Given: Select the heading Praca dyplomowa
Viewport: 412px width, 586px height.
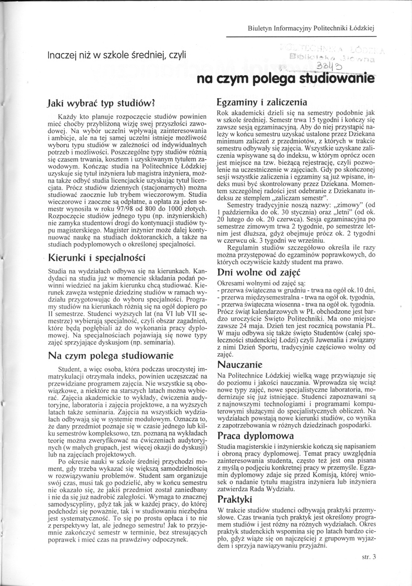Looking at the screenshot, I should click(x=255, y=436).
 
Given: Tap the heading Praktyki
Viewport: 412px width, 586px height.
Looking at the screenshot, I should click(x=235, y=499).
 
